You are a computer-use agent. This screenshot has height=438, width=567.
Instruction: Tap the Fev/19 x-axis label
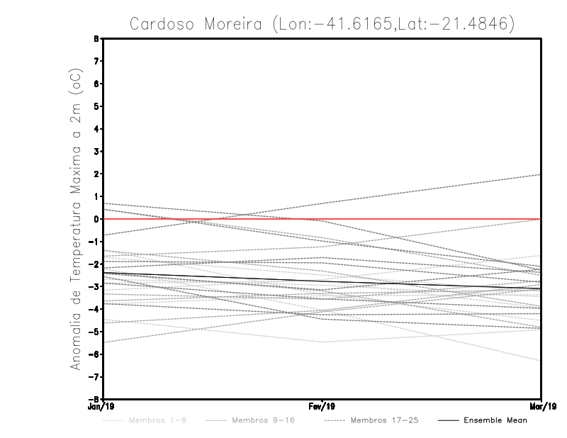[x=322, y=408]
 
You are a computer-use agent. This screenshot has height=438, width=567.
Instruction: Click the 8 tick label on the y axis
[x=96, y=38]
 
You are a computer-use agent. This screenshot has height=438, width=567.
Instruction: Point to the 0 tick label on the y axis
[x=96, y=219]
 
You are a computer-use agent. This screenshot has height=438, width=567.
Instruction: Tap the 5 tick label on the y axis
[x=96, y=106]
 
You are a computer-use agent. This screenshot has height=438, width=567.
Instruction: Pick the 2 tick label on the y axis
[x=96, y=174]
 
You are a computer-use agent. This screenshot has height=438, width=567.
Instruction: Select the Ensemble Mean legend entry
[x=495, y=420]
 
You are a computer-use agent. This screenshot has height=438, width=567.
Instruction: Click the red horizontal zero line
[x=213, y=219]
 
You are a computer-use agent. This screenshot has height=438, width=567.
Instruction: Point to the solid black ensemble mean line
[x=213, y=277]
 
